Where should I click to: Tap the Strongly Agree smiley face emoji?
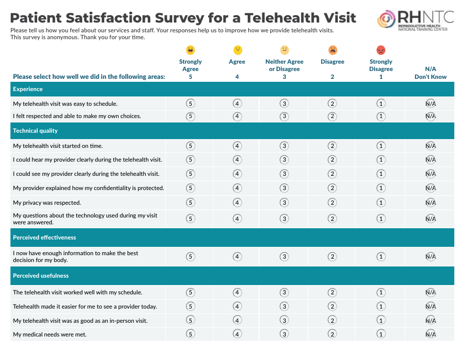point(190,50)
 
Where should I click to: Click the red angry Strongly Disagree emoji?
point(381,50)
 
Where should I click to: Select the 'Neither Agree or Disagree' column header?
point(284,65)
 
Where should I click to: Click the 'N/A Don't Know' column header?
point(430,73)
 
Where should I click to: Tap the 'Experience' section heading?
point(28,89)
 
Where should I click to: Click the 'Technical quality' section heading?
point(35,131)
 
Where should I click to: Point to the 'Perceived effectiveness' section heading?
point(45,238)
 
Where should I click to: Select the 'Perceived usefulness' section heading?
point(41,276)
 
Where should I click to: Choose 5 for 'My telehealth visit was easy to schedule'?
point(190,103)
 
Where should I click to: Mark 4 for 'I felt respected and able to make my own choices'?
point(237,116)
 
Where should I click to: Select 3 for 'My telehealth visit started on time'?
point(284,146)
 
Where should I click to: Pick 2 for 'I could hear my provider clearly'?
point(332,160)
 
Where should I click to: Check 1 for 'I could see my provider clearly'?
point(381,174)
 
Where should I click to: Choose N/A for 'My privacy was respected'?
point(430,203)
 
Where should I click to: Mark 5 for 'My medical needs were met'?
point(190,335)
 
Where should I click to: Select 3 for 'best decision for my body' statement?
point(284,257)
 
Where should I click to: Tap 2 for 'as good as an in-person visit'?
point(332,321)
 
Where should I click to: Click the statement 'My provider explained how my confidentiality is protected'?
point(89,188)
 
